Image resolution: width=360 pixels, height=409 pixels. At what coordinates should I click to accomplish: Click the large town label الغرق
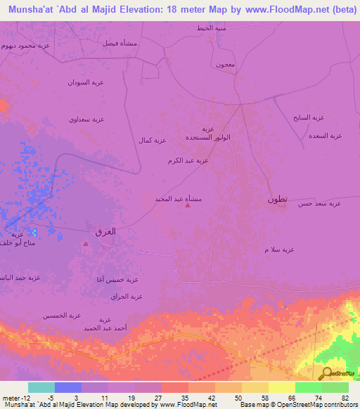(x=105, y=231)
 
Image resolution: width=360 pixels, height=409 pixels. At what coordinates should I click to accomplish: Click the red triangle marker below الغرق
(x=86, y=245)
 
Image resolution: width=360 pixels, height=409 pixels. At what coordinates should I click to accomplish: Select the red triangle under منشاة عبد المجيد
(x=187, y=206)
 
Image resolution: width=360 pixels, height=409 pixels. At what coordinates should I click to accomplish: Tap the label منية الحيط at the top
(x=210, y=29)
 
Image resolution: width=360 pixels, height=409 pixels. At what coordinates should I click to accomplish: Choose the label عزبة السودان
(x=86, y=83)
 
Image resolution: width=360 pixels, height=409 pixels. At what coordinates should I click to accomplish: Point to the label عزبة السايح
(x=309, y=117)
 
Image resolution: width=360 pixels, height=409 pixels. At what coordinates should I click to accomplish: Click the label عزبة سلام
(x=279, y=249)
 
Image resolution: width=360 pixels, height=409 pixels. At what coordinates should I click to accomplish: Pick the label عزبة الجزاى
(x=127, y=297)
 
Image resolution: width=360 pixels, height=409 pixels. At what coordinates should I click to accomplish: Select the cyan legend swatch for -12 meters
(x=41, y=387)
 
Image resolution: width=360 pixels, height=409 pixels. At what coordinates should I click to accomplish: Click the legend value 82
(x=345, y=397)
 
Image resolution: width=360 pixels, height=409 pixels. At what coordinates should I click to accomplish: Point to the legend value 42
(x=212, y=397)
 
